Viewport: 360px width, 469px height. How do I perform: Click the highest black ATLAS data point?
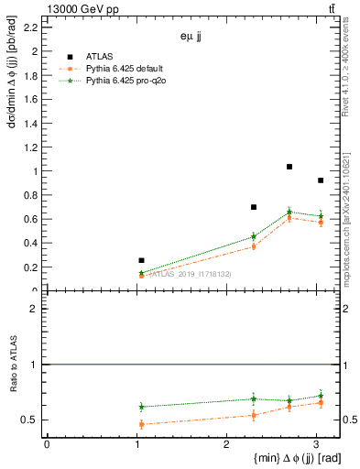pyautogui.click(x=289, y=167)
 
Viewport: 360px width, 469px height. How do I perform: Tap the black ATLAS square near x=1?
pyautogui.click(x=141, y=261)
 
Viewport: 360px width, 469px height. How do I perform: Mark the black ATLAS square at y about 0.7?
pyautogui.click(x=254, y=207)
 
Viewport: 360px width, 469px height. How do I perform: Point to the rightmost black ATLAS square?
pyautogui.click(x=320, y=180)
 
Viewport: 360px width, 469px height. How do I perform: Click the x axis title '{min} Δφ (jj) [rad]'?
pyautogui.click(x=272, y=458)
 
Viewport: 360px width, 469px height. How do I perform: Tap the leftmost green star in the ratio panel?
pyautogui.click(x=141, y=406)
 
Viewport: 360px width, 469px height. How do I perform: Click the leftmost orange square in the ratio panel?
pyautogui.click(x=141, y=424)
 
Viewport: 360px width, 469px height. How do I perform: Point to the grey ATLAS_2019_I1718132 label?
pyautogui.click(x=191, y=274)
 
